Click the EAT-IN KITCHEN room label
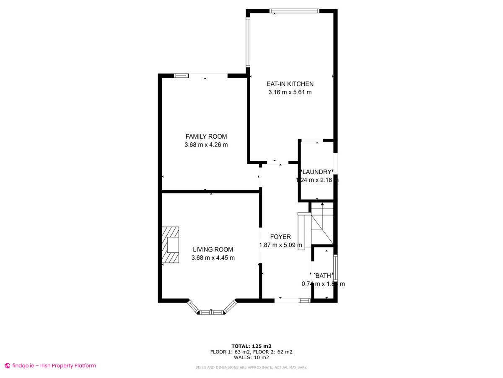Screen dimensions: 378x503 coord(290,84)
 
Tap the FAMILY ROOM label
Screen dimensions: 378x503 coord(206,136)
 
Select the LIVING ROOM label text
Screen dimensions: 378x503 coord(213,249)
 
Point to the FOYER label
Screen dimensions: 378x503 coord(280,237)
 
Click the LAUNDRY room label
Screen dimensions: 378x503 coord(317,172)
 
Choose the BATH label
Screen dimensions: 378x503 coord(323,276)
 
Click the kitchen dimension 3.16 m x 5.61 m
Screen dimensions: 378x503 coord(290,92)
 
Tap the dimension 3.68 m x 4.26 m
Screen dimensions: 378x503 coord(206,145)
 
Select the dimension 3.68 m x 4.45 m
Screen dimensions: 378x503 coord(213,257)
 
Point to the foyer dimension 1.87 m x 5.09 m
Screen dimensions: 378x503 coord(280,245)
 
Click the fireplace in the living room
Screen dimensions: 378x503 coord(171,245)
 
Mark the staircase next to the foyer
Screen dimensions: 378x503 coord(321,225)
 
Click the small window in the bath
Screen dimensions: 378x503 coord(335,268)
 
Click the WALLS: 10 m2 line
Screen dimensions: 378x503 coord(251,357)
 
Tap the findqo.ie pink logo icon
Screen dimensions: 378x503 coord(7,366)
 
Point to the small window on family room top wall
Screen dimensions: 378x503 coord(181,76)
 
